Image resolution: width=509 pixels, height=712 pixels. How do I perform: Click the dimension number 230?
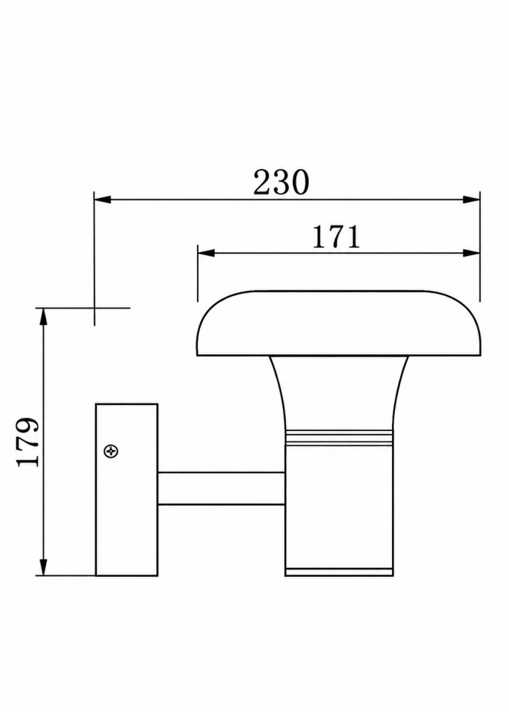pyautogui.click(x=281, y=182)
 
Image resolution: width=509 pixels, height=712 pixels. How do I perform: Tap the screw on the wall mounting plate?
pyautogui.click(x=111, y=452)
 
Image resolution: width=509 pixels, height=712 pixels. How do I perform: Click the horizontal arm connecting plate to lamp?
pyautogui.click(x=222, y=489)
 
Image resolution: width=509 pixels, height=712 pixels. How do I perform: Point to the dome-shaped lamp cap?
pyautogui.click(x=339, y=323)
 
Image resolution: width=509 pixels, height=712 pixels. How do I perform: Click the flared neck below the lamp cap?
pyautogui.click(x=339, y=392)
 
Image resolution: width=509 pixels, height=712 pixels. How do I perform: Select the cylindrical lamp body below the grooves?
pyautogui.click(x=339, y=507)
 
